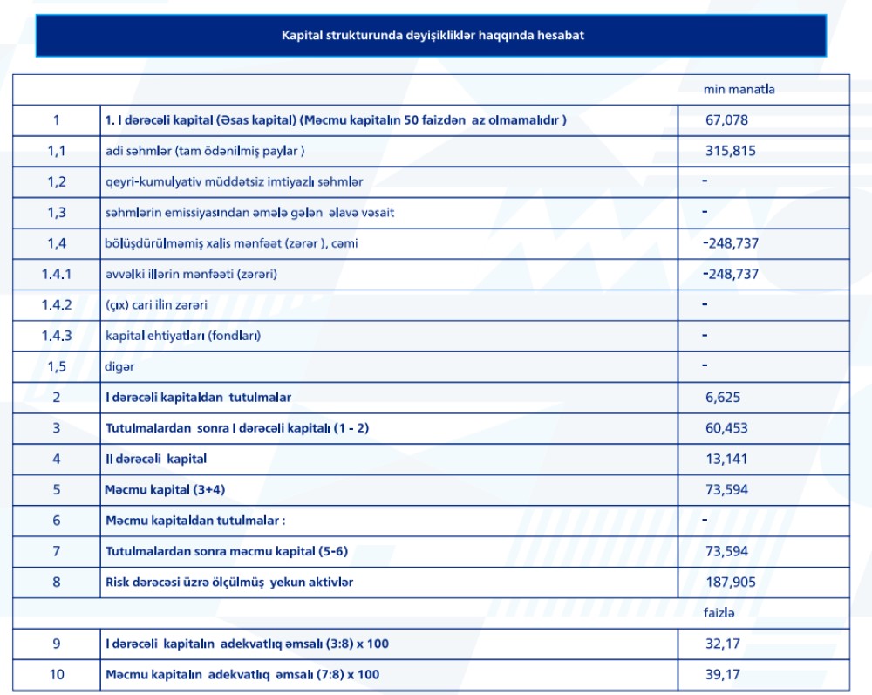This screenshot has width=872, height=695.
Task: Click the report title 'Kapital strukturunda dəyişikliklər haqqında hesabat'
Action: click(x=431, y=35)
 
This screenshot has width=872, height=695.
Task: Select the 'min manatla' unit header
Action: click(x=739, y=89)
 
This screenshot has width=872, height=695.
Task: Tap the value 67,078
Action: click(x=726, y=120)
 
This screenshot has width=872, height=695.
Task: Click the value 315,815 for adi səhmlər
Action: click(x=730, y=151)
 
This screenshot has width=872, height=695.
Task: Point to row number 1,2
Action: click(x=57, y=181)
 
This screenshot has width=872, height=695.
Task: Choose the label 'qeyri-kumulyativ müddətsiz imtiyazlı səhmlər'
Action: click(x=234, y=181)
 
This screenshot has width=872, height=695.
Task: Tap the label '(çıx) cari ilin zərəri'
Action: click(x=161, y=305)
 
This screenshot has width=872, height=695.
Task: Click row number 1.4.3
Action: click(x=57, y=336)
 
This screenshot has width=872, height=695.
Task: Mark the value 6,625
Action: click(x=723, y=398)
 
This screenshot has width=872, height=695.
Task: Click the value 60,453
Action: click(x=726, y=428)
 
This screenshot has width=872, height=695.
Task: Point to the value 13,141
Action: click(x=726, y=459)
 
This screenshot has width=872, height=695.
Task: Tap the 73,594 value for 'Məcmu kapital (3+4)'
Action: click(x=726, y=490)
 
